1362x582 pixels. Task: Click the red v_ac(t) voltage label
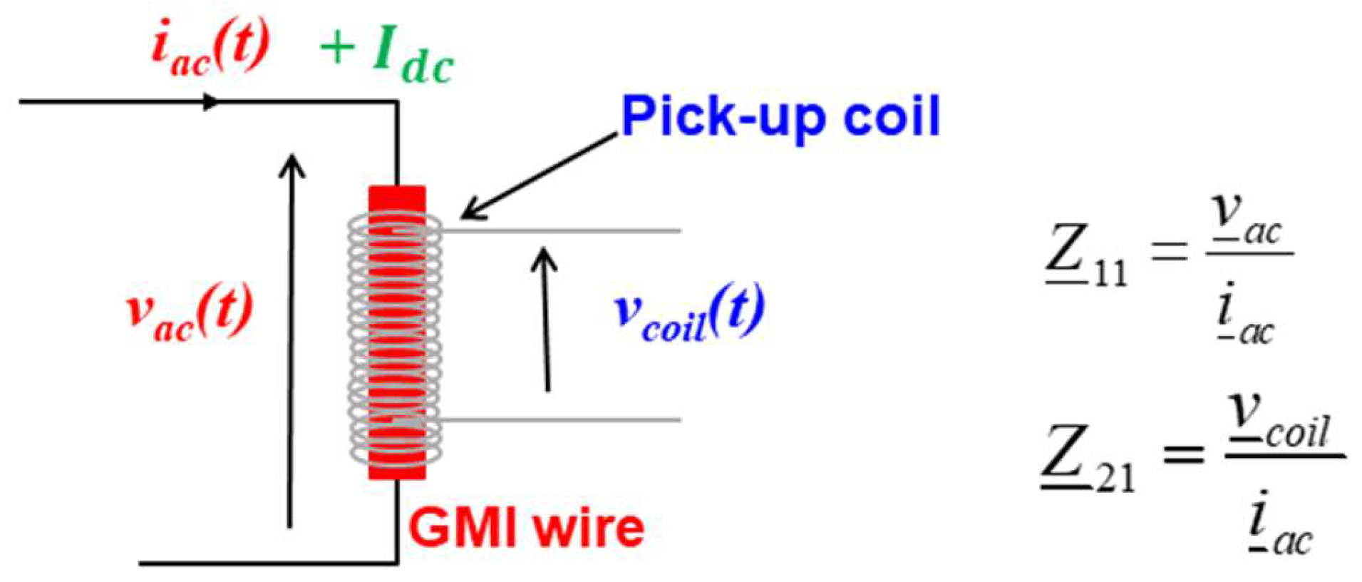pos(190,311)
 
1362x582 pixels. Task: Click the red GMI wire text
pos(526,529)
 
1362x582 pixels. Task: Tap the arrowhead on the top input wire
pos(211,102)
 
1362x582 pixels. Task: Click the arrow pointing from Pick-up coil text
pos(538,175)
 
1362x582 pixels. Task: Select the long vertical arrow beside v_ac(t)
pos(290,342)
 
